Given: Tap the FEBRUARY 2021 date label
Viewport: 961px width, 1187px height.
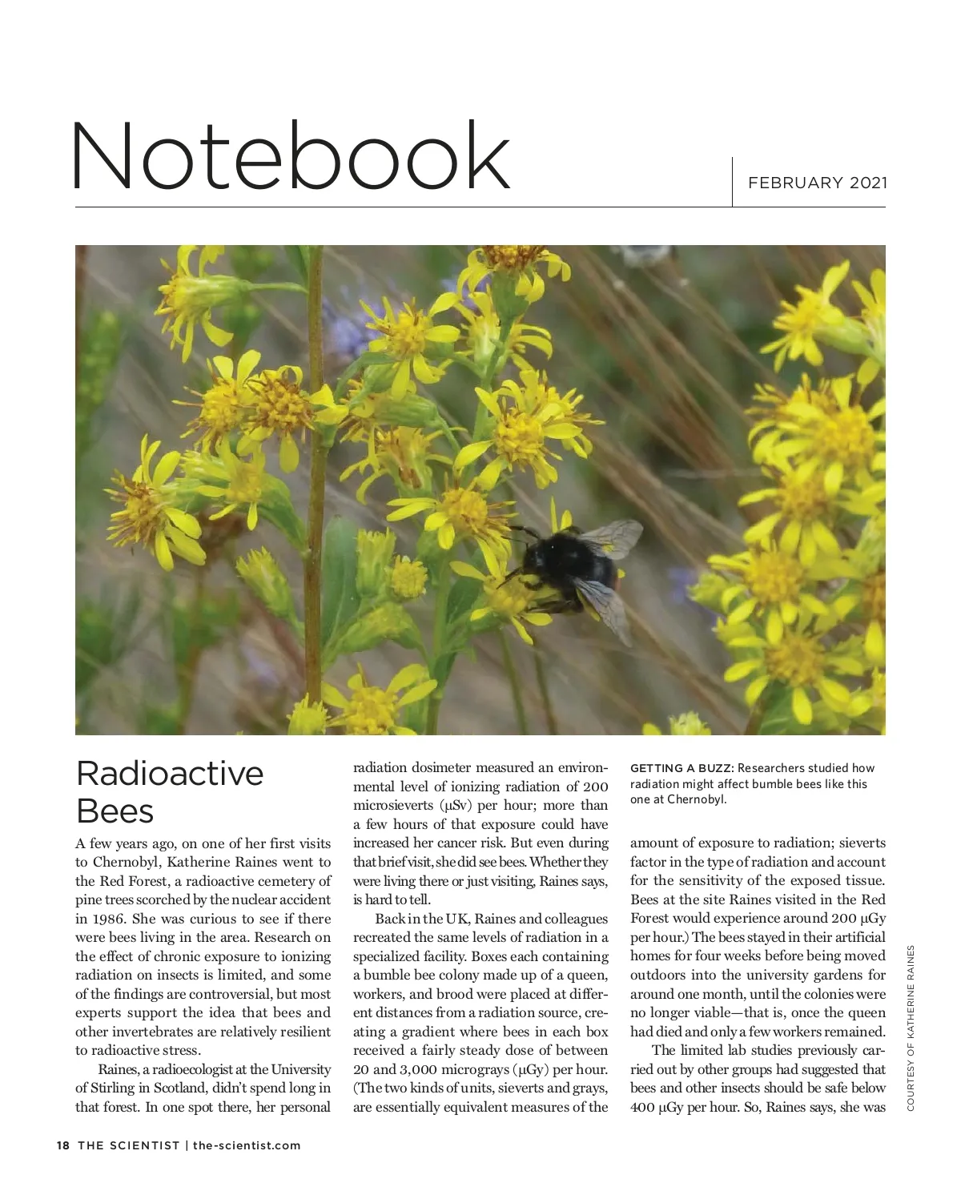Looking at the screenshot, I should pyautogui.click(x=817, y=183).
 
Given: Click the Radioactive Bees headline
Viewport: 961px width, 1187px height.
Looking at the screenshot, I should pyautogui.click(x=169, y=791).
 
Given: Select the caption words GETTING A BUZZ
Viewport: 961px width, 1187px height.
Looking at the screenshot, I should pyautogui.click(x=681, y=768).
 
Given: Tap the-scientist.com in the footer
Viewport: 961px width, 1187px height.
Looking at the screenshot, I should pyautogui.click(x=247, y=1145).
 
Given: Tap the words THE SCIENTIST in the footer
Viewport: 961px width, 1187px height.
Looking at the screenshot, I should pyautogui.click(x=129, y=1145).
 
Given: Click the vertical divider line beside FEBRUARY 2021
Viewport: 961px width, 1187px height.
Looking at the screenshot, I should pyautogui.click(x=733, y=183).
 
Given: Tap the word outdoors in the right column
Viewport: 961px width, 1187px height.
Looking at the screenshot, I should pyautogui.click(x=656, y=975).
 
